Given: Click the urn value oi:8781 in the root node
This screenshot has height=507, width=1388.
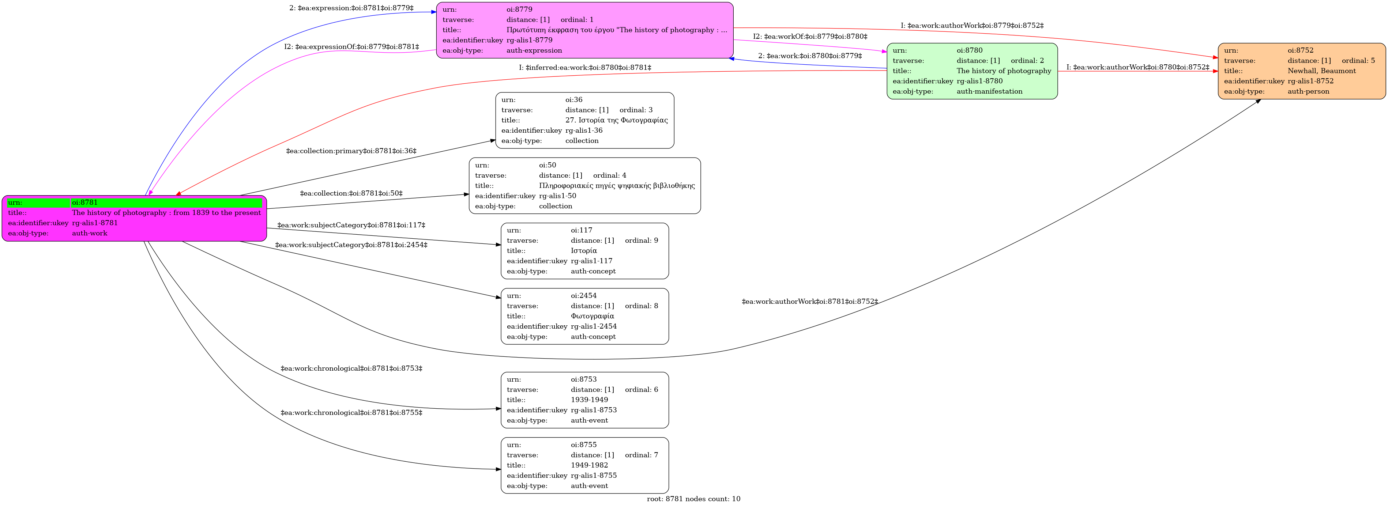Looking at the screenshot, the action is pyautogui.click(x=84, y=203).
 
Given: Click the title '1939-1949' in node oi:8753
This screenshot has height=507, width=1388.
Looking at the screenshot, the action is pyautogui.click(x=590, y=400).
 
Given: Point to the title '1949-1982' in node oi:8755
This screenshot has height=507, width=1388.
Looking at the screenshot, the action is pyautogui.click(x=590, y=465).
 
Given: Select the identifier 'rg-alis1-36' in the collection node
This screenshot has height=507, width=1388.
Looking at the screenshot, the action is pyautogui.click(x=584, y=130).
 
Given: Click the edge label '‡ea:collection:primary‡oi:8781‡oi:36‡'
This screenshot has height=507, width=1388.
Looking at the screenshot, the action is pyautogui.click(x=351, y=151).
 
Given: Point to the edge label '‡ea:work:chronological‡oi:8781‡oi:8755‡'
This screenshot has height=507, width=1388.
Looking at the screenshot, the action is pyautogui.click(x=351, y=413).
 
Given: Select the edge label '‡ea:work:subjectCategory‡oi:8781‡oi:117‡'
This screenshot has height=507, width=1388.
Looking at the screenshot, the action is pyautogui.click(x=351, y=225).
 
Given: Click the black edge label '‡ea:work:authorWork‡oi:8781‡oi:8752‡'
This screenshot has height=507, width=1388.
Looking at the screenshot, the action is pyautogui.click(x=810, y=302).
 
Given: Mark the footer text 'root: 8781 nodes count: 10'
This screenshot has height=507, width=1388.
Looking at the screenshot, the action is pyautogui.click(x=693, y=499).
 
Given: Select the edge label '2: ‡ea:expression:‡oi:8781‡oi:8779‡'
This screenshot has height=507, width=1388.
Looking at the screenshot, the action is pyautogui.click(x=351, y=8).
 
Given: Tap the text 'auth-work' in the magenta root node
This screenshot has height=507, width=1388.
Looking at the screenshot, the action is pyautogui.click(x=90, y=233).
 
